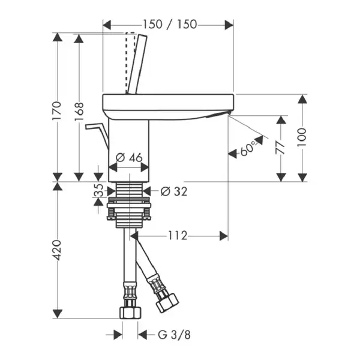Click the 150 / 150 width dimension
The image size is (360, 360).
point(170,25)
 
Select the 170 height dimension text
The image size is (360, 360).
point(57,111)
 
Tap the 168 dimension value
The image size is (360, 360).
point(79,112)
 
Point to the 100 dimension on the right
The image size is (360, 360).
point(302,137)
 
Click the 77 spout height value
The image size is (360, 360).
point(280,148)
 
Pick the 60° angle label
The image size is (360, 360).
point(248,148)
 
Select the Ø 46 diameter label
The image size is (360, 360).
point(129,157)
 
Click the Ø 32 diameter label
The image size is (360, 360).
point(174,191)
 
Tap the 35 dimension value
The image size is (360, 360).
point(98,190)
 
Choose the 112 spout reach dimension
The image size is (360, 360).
point(178,235)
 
